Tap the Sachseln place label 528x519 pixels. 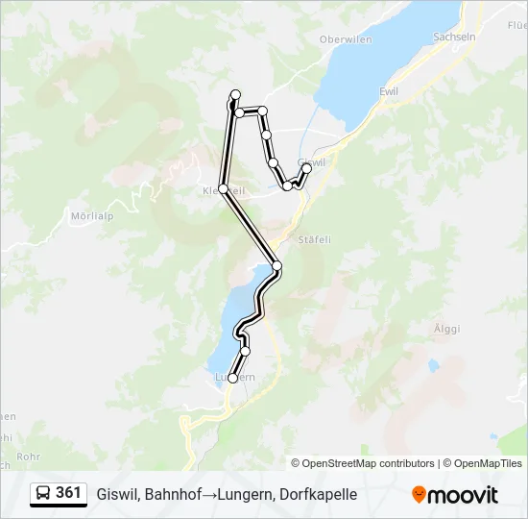(454, 37)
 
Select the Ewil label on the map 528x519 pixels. (389, 91)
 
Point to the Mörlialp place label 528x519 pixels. (92, 216)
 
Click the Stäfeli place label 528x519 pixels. (314, 239)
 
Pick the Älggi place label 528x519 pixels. (446, 329)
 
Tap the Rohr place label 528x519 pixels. (28, 457)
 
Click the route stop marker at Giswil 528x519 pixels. (307, 168)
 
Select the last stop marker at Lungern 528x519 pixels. (232, 379)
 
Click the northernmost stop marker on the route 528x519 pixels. (234, 94)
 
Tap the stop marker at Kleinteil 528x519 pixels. (223, 189)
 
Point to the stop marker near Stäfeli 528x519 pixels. (277, 265)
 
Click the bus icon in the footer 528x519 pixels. (43, 493)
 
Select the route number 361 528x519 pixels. (68, 493)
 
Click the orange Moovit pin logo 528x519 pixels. (419, 494)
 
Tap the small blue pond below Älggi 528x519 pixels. (434, 365)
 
